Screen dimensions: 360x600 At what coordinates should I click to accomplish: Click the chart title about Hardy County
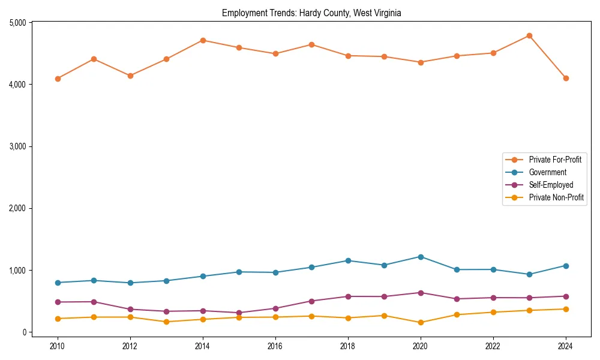tap(311, 13)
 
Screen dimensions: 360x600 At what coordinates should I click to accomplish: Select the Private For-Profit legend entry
tap(546, 160)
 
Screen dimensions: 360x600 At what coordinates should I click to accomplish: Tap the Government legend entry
tap(547, 172)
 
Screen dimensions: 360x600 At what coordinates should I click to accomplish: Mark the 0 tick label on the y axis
tap(25, 332)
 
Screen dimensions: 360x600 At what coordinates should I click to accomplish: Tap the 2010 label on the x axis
tap(58, 346)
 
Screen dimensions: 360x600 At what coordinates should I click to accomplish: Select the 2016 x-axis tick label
tap(275, 346)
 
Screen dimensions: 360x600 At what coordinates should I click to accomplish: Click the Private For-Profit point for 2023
tap(529, 36)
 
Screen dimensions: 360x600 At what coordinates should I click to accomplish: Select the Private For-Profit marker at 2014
tap(203, 40)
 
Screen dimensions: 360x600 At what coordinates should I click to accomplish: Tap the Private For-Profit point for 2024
tap(566, 78)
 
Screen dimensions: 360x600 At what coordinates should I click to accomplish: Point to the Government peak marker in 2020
tap(421, 257)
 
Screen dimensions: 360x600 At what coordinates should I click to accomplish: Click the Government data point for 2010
tap(58, 283)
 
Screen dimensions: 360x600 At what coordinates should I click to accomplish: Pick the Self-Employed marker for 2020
tap(421, 293)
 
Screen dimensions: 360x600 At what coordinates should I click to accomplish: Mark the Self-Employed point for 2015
tap(239, 313)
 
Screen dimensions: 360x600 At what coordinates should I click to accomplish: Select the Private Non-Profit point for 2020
tap(421, 322)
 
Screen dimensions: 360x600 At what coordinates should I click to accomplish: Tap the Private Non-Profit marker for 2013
tap(166, 322)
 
